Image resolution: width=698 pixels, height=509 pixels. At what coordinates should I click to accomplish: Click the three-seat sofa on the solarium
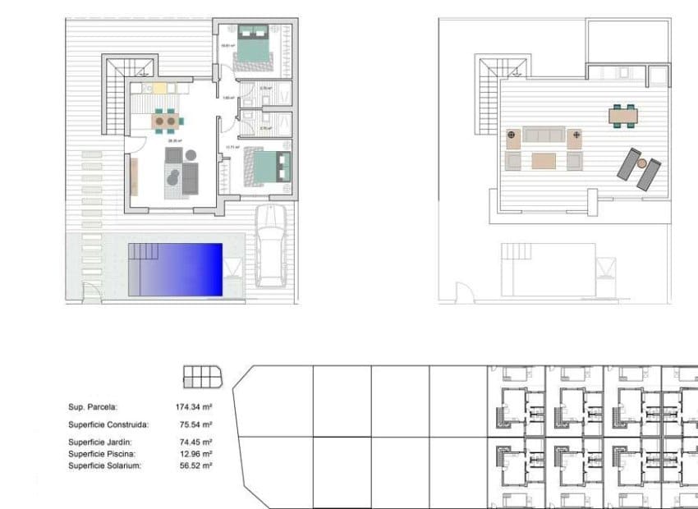tap(544, 135)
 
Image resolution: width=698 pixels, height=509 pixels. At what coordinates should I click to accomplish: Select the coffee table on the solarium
tap(544, 160)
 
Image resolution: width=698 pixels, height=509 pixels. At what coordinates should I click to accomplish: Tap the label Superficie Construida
tap(108, 425)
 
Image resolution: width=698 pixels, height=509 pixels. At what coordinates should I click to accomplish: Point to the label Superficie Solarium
tap(104, 465)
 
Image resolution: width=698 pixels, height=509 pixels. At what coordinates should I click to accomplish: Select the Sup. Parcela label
tap(93, 406)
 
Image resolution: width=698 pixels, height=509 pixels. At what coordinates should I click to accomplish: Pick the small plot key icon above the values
tap(202, 377)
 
